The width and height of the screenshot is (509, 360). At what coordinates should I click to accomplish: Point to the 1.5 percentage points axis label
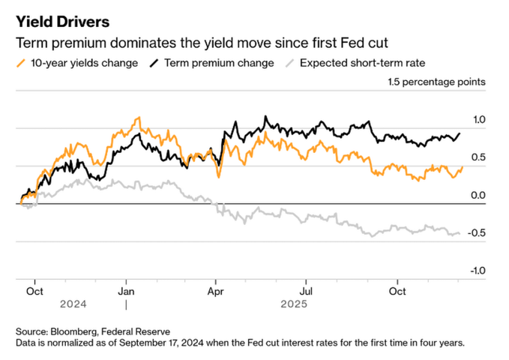(x=436, y=81)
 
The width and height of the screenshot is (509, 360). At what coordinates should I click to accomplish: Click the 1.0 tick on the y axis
(x=480, y=119)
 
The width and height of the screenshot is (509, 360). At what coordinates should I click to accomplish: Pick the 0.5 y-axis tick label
(x=480, y=157)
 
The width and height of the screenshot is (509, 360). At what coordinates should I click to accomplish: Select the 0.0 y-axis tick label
(x=480, y=195)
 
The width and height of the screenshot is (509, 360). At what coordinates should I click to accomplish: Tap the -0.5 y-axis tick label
(x=478, y=232)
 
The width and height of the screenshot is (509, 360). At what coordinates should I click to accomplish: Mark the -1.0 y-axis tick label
(x=478, y=271)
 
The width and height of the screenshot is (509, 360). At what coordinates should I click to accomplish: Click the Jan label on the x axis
(x=127, y=290)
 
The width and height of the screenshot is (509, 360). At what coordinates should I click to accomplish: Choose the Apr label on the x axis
(x=217, y=290)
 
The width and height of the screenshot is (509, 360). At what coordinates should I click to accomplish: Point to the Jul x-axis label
(x=307, y=290)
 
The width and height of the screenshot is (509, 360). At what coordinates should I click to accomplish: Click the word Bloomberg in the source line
(x=79, y=331)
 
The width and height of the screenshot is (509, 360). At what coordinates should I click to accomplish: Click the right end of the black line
(x=460, y=133)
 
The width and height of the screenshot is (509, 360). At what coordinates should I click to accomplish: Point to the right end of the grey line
(x=460, y=234)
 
